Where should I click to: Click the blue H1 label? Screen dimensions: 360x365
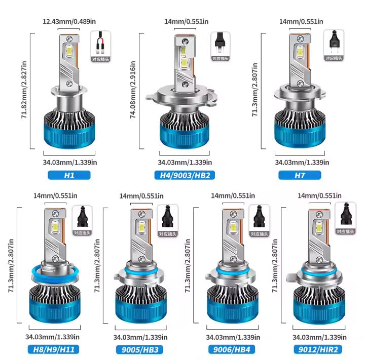click(x=69, y=175)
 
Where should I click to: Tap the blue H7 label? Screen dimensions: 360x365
click(x=300, y=175)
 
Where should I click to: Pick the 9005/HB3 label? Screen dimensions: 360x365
click(x=140, y=349)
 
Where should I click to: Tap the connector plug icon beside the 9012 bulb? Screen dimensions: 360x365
click(x=346, y=218)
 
